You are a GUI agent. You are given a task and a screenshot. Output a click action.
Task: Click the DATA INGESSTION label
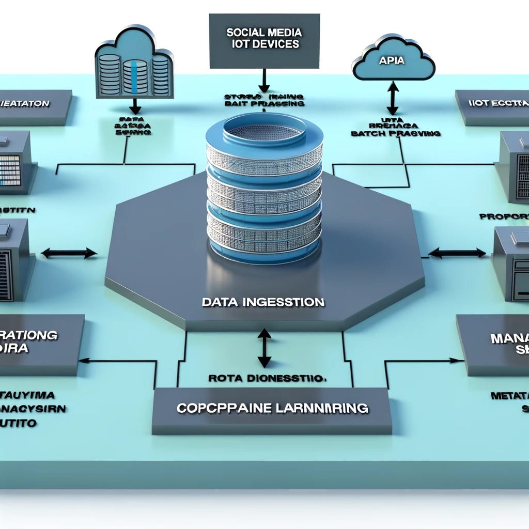263,302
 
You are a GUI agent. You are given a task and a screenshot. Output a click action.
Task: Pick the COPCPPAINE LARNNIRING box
272,409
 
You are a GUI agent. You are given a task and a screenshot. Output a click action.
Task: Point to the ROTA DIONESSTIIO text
268,378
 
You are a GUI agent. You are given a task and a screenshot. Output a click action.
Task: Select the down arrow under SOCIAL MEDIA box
264,82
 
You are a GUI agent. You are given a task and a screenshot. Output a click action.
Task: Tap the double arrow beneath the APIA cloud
393,98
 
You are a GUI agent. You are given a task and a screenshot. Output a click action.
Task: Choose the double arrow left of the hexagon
69,253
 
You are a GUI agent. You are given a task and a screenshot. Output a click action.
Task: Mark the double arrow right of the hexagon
457,253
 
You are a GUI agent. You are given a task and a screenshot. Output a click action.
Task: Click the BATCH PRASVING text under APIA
395,133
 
